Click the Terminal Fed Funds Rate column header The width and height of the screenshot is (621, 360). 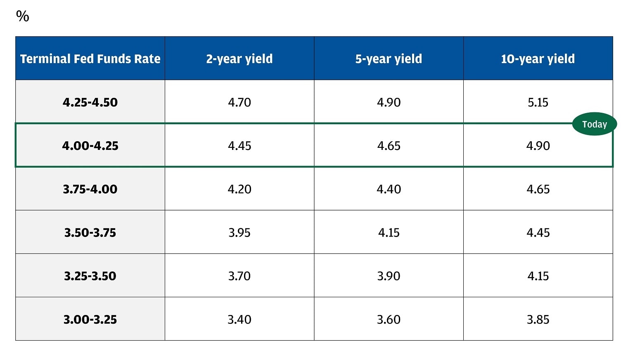(x=90, y=59)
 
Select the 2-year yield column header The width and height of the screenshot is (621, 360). (x=239, y=59)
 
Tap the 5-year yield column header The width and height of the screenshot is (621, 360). (x=389, y=59)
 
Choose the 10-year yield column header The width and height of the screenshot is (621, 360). (x=538, y=59)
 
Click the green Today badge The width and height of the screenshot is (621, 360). (x=594, y=124)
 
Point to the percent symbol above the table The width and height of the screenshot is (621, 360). (x=22, y=16)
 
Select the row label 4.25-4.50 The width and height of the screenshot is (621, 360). (x=90, y=102)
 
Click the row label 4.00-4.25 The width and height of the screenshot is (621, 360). (x=90, y=145)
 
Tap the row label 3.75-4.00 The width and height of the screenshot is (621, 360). (x=90, y=189)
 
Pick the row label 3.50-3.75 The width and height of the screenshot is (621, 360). (x=90, y=232)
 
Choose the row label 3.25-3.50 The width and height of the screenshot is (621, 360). (x=90, y=276)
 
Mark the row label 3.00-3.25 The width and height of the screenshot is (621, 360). (x=90, y=319)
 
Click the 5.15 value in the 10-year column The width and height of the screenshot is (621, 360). (x=538, y=102)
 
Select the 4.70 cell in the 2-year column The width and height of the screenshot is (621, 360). (x=239, y=102)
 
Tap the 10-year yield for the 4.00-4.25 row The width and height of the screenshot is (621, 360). (x=538, y=145)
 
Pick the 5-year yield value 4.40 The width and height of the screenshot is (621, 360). (x=389, y=189)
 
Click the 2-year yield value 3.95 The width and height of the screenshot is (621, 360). (x=239, y=232)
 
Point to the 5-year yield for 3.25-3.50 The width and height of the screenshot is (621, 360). (x=389, y=276)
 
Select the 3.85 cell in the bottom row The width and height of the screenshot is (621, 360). (x=538, y=319)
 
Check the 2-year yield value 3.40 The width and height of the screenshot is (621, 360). (x=239, y=319)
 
